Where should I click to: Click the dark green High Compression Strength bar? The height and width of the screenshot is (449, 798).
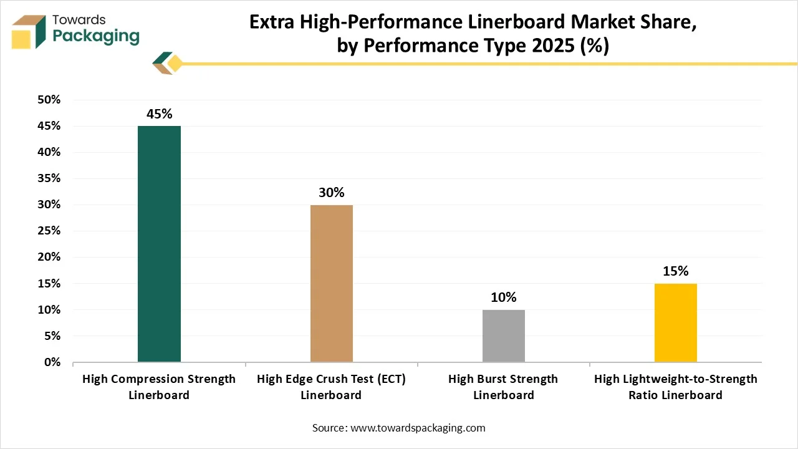coord(159,244)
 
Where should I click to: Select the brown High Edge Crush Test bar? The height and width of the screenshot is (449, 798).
coord(332,283)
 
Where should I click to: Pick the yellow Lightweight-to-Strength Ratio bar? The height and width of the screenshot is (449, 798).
coord(676,322)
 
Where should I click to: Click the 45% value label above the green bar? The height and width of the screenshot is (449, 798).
coord(159,114)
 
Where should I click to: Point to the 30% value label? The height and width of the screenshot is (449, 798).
coord(332,193)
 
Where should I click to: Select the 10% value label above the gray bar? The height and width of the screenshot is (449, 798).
coord(504,297)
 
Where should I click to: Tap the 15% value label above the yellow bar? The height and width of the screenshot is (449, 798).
coord(676,271)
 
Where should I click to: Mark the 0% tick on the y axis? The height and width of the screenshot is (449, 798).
coord(51,362)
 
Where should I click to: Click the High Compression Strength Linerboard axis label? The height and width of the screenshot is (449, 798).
coord(159,387)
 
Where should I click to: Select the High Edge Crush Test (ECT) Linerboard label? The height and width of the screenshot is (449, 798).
coord(332,387)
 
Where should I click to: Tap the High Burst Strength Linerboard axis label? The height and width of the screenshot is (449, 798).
coord(504,387)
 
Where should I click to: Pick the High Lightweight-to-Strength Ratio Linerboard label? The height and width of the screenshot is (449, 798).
coord(676,387)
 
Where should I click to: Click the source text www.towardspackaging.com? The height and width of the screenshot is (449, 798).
coord(418,428)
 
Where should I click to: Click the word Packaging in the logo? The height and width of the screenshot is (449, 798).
coord(96,36)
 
